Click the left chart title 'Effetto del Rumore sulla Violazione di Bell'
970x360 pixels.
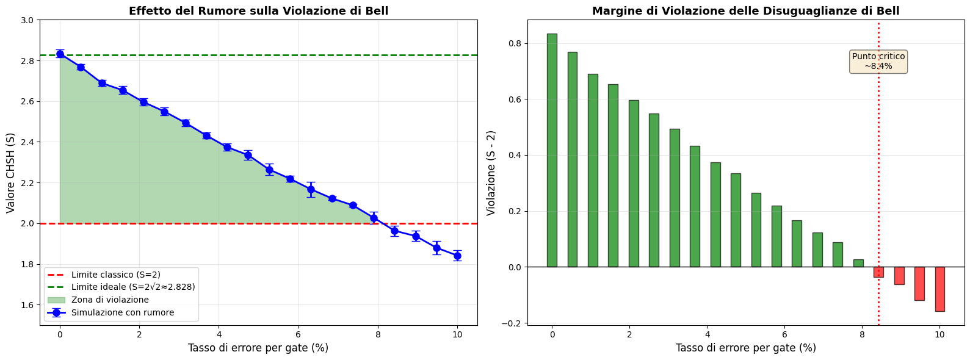click(258, 11)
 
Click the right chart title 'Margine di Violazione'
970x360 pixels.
click(745, 11)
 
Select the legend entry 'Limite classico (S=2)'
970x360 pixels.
click(116, 275)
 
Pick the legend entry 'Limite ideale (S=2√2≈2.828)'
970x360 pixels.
click(133, 287)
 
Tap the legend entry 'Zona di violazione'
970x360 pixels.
click(110, 300)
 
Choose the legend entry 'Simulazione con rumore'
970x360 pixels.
click(123, 312)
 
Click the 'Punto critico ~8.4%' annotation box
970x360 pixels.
click(878, 61)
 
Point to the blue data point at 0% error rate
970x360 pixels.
click(60, 54)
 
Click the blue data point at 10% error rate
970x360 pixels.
click(457, 256)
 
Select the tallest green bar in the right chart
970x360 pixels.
click(552, 150)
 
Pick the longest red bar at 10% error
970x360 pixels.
click(940, 289)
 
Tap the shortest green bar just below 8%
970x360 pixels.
click(858, 263)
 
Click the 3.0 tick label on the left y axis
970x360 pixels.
click(27, 20)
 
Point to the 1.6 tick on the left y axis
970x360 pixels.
click(27, 305)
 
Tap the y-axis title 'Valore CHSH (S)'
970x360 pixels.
click(10, 173)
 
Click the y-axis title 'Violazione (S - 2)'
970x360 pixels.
click(491, 173)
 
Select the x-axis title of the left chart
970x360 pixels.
click(258, 348)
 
